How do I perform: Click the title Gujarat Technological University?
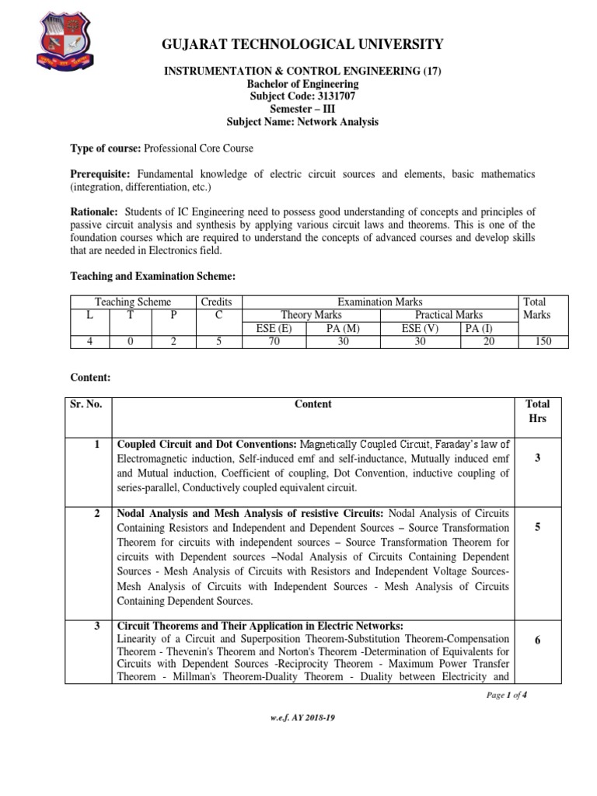click(302, 44)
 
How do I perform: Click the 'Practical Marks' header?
click(449, 315)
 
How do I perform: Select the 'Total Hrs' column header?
click(537, 411)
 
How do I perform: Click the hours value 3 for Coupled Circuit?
click(537, 459)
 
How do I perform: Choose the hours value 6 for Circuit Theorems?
click(537, 640)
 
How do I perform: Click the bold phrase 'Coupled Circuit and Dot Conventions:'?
click(206, 445)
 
